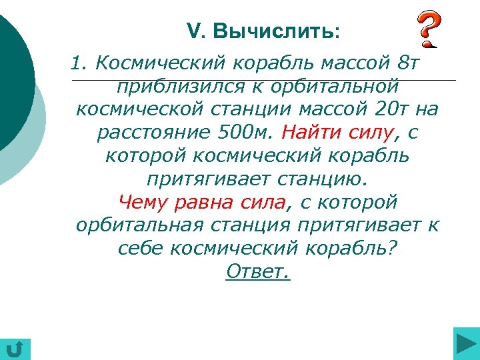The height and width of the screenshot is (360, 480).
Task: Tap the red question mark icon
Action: [428, 30]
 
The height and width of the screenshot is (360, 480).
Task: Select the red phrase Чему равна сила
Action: [202, 201]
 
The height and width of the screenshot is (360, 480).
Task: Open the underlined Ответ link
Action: [258, 271]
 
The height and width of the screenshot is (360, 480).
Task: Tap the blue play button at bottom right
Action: [465, 345]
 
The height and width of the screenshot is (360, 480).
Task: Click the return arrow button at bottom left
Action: [15, 348]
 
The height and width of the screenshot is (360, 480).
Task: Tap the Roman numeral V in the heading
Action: [192, 31]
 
